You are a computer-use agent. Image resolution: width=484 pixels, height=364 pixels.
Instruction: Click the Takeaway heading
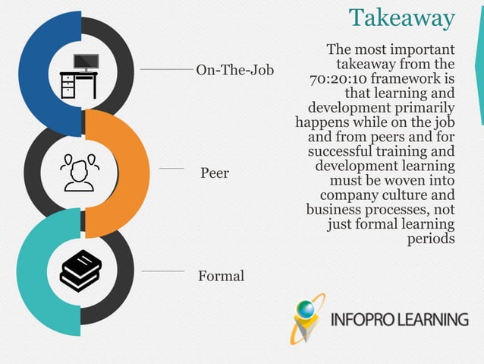401,17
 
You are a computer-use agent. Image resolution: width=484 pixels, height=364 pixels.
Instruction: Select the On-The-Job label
235,71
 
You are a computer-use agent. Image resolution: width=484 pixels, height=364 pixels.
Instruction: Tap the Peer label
215,173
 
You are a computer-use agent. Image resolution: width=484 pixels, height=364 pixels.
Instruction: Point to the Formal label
221,276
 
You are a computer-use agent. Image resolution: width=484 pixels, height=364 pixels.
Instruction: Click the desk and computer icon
80,76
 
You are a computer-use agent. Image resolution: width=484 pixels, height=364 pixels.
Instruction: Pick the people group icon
79,173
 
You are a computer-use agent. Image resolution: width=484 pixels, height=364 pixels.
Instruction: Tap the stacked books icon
80,271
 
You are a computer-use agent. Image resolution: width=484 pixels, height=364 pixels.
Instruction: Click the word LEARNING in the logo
435,318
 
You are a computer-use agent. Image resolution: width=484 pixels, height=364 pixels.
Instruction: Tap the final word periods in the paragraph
431,238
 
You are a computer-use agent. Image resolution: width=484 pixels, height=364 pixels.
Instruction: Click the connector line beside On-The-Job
166,69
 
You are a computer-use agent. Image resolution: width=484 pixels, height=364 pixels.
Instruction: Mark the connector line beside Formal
162,271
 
